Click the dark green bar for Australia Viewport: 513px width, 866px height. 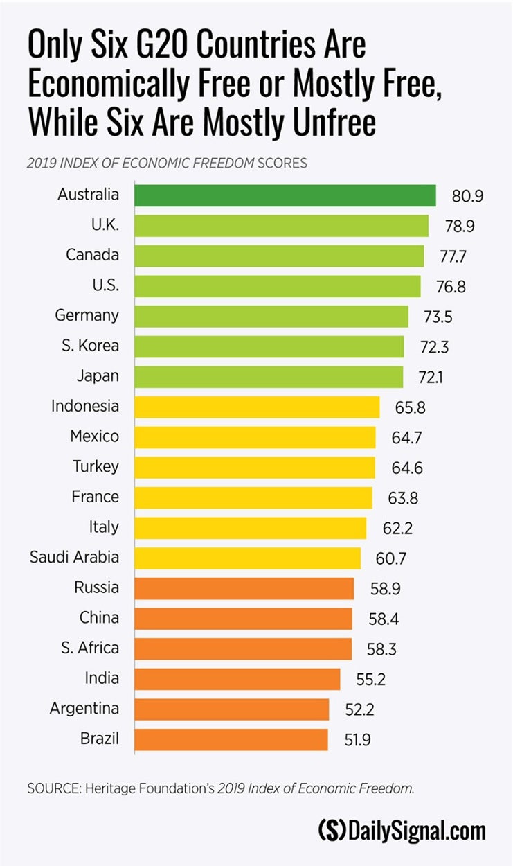[285, 195]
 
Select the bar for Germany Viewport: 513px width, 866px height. [271, 316]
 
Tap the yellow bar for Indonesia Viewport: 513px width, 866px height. [256, 407]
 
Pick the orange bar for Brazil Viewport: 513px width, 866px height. [231, 739]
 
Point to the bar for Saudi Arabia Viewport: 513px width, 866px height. [247, 558]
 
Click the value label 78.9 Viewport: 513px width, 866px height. [460, 227]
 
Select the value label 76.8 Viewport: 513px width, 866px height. [451, 287]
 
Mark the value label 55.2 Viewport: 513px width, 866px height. [370, 680]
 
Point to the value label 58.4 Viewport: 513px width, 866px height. [383, 619]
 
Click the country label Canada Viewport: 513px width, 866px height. [92, 255]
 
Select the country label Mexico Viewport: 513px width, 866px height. [94, 436]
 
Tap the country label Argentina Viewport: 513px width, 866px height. [84, 709]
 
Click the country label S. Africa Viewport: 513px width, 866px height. [89, 648]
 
